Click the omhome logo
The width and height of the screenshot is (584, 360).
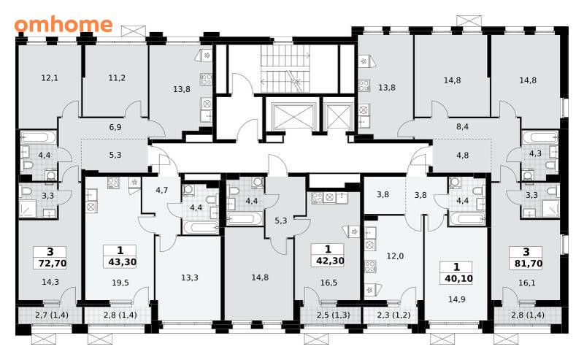(x=64, y=24)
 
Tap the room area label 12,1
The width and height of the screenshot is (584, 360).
(x=50, y=78)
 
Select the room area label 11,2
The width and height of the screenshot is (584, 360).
(x=117, y=78)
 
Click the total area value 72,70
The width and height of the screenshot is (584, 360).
(x=53, y=264)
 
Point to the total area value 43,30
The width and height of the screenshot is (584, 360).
(x=122, y=262)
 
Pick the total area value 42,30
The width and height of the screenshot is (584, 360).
(x=330, y=261)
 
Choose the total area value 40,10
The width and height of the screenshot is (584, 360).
(x=459, y=278)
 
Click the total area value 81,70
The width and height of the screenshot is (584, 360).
(x=529, y=264)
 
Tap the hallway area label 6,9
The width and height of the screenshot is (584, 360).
(x=115, y=127)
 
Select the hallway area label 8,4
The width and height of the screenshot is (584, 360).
(x=462, y=127)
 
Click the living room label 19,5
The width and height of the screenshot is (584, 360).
(x=120, y=283)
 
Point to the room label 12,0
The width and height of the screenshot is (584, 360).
(x=395, y=256)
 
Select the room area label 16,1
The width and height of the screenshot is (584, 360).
(x=526, y=283)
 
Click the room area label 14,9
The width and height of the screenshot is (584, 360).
(x=457, y=299)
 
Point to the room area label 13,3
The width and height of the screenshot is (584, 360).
(x=190, y=277)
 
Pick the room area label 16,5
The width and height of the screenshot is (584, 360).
(x=329, y=283)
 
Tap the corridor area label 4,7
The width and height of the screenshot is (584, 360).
(x=161, y=190)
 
